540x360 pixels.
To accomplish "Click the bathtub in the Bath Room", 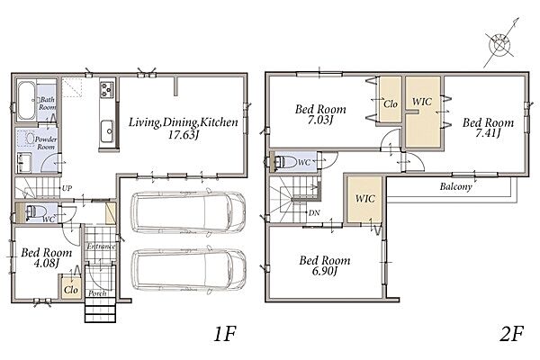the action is [x=26, y=100].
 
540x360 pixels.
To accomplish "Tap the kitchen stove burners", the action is [x=107, y=89].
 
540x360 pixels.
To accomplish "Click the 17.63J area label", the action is [x=184, y=135].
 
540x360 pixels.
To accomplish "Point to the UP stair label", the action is [x=67, y=188].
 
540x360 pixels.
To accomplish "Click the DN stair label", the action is [x=314, y=213].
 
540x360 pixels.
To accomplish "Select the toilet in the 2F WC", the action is [x=285, y=161].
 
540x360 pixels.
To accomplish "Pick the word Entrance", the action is [x=101, y=247].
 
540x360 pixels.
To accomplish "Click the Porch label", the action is [x=97, y=294].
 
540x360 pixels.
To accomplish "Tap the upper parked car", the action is [x=188, y=212].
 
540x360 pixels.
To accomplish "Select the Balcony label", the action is [x=455, y=187].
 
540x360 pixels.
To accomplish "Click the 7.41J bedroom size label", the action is [x=487, y=133].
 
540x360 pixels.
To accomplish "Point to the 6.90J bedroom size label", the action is [x=324, y=271].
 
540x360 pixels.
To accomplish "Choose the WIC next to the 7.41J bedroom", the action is [x=422, y=112].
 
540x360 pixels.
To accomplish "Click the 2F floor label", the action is [x=512, y=334].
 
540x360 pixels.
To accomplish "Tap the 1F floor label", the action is [x=225, y=334].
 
